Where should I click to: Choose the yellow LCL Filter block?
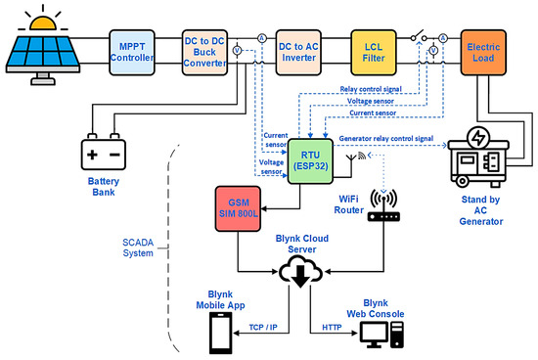tap(376, 51)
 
